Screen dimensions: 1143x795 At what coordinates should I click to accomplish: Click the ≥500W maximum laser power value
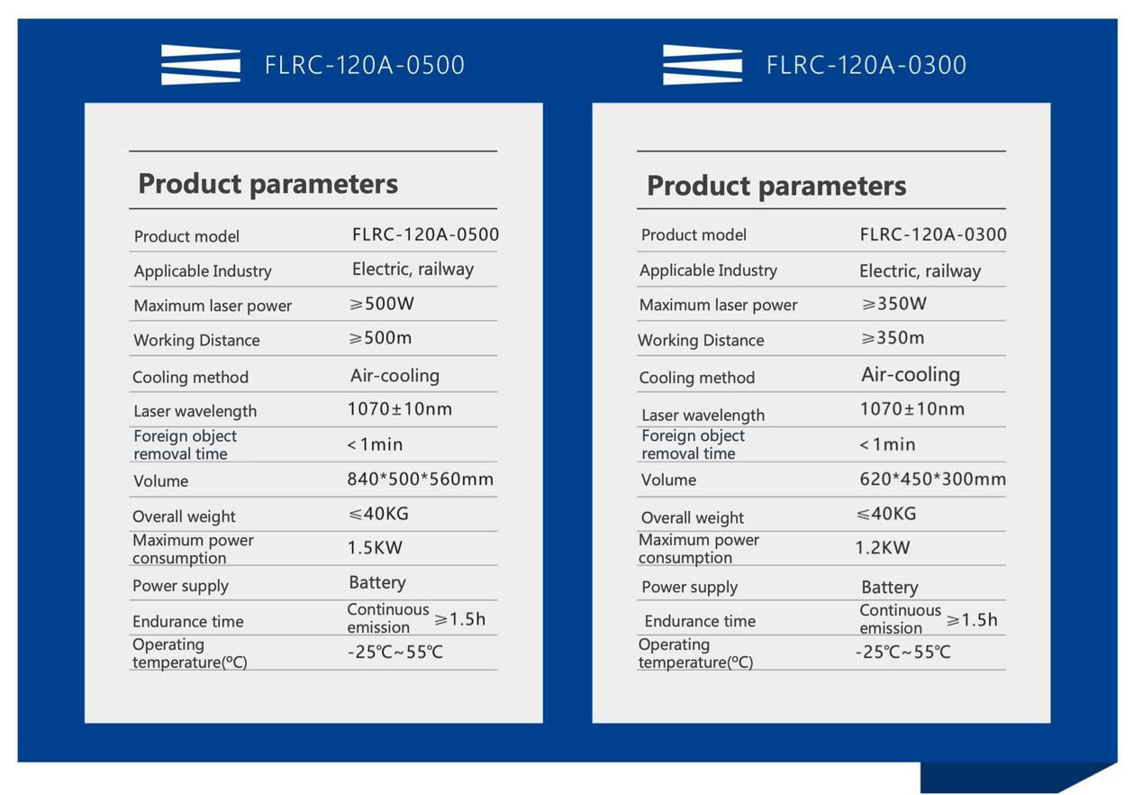pyautogui.click(x=382, y=304)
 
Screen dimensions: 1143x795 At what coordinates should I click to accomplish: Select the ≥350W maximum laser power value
pyautogui.click(x=894, y=304)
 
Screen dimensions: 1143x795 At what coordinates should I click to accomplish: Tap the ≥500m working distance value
pyautogui.click(x=380, y=338)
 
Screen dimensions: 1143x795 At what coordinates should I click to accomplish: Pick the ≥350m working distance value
pyautogui.click(x=893, y=338)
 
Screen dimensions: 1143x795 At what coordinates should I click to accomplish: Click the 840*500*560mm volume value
pyautogui.click(x=421, y=479)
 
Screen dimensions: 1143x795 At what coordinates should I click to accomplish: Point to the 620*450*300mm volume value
pyautogui.click(x=933, y=479)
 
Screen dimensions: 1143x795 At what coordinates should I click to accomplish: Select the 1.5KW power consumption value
pyautogui.click(x=375, y=548)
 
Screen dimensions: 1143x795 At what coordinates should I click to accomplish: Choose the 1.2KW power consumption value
pyautogui.click(x=883, y=548)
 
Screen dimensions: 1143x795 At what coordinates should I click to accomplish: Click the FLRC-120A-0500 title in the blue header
pyautogui.click(x=364, y=66)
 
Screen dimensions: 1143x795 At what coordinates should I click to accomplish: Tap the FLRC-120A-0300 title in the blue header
pyautogui.click(x=866, y=66)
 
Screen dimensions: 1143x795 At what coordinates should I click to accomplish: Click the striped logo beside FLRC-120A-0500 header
pyautogui.click(x=201, y=64)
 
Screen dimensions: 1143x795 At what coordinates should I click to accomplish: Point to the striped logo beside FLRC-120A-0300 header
pyautogui.click(x=703, y=64)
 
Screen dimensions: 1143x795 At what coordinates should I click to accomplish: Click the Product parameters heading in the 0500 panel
pyautogui.click(x=268, y=184)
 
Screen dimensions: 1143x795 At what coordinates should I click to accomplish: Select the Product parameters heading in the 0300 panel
pyautogui.click(x=776, y=186)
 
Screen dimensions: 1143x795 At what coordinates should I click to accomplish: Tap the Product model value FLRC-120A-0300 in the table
pyautogui.click(x=933, y=234)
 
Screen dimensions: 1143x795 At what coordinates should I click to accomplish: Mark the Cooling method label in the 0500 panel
pyautogui.click(x=190, y=378)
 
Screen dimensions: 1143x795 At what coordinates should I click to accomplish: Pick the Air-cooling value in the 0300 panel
pyautogui.click(x=911, y=375)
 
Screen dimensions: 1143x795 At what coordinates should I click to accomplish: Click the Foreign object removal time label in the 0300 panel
pyautogui.click(x=693, y=444)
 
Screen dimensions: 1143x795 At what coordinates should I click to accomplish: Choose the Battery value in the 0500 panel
pyautogui.click(x=377, y=582)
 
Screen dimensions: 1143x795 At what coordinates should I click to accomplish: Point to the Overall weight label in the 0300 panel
pyautogui.click(x=693, y=517)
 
